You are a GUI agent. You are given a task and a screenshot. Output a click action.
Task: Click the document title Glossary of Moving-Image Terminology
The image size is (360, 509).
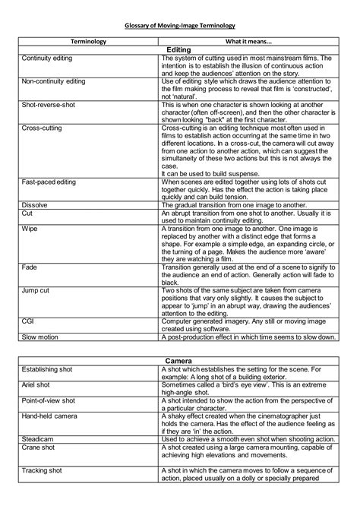[x=180, y=25]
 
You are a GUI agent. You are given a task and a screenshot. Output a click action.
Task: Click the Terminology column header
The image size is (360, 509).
[x=88, y=41]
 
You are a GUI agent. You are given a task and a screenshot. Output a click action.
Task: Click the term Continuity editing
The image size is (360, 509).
[x=48, y=58]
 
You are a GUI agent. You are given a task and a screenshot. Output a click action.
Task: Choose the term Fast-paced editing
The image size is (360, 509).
[x=50, y=185]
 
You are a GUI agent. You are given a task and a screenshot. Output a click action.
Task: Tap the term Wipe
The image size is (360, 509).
[x=30, y=229]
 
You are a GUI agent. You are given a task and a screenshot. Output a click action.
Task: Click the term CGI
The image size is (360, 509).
[x=28, y=321]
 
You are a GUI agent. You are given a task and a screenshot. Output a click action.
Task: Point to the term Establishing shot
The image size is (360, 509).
[x=49, y=368]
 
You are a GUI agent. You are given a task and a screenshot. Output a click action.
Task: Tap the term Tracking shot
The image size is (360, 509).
[x=43, y=471]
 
